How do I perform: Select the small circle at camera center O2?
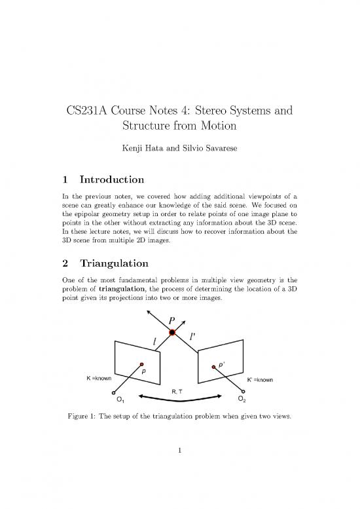tap(243, 392)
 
